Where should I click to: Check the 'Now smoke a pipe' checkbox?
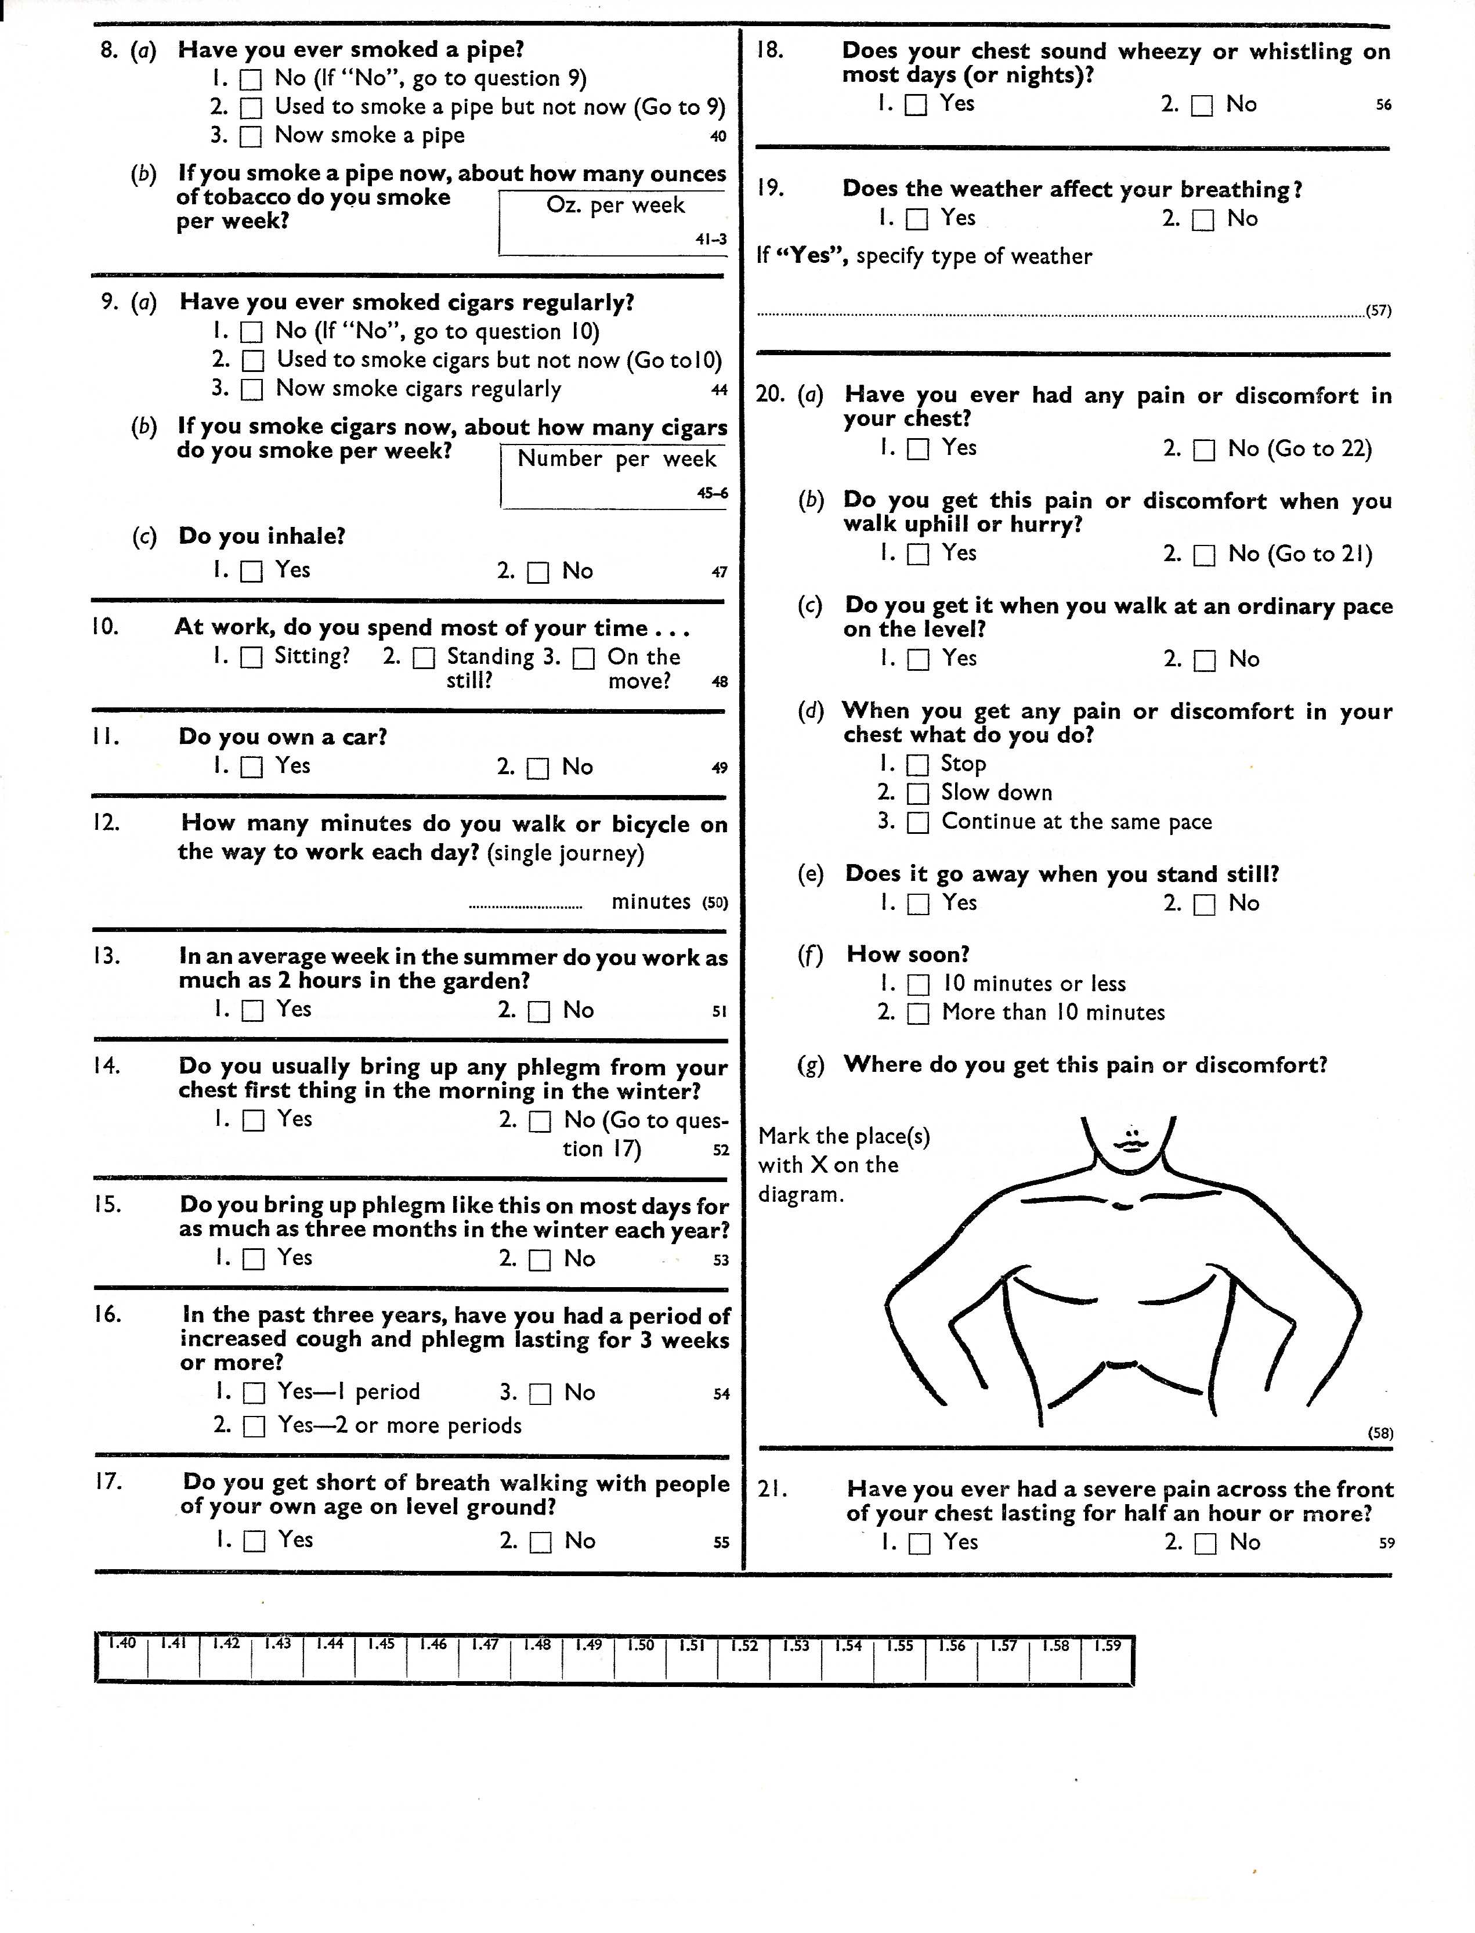click(x=251, y=136)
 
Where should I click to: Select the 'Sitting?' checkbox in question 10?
click(x=251, y=657)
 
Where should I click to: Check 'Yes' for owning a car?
click(x=252, y=767)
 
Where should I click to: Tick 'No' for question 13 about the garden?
click(x=539, y=1011)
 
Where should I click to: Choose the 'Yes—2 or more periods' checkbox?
click(x=254, y=1426)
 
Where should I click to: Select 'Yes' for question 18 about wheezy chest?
click(x=916, y=106)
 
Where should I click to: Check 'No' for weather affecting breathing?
click(x=1203, y=219)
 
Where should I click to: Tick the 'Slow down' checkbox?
click(x=917, y=793)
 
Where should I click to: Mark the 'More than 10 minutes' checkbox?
click(x=917, y=1014)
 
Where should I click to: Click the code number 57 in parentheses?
click(x=1379, y=311)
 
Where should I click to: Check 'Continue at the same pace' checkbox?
click(x=917, y=822)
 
